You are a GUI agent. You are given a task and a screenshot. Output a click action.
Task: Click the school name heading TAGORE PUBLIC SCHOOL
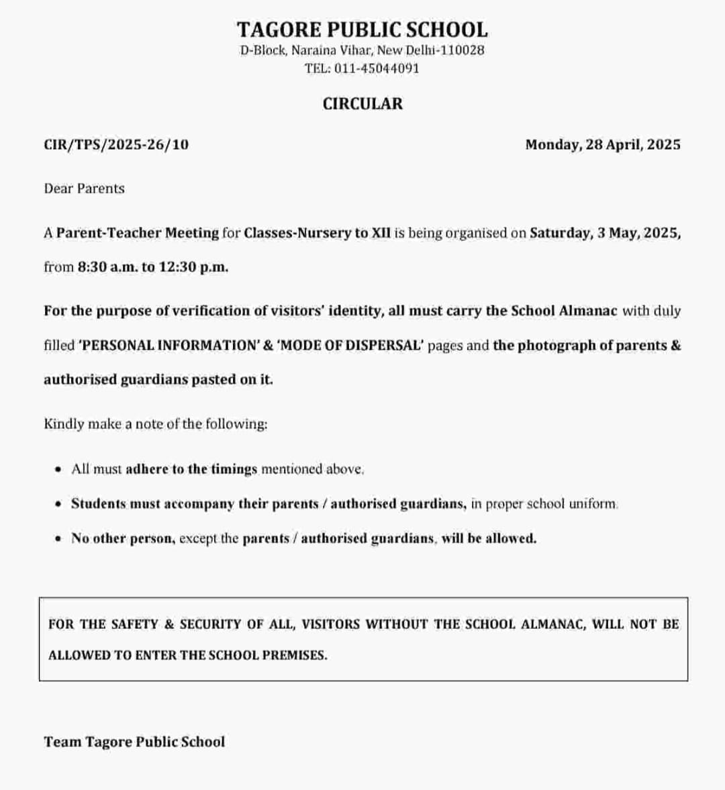pyautogui.click(x=362, y=30)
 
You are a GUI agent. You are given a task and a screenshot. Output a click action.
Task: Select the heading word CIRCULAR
pyautogui.click(x=362, y=104)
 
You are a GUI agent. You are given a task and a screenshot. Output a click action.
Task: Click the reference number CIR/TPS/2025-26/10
pyautogui.click(x=116, y=144)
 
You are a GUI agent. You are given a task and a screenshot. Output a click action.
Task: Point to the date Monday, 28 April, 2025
pyautogui.click(x=602, y=144)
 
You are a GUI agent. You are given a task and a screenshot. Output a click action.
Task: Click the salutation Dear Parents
pyautogui.click(x=85, y=189)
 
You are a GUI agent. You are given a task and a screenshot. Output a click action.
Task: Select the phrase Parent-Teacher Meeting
pyautogui.click(x=138, y=233)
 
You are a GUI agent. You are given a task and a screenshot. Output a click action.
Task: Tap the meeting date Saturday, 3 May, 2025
pyautogui.click(x=605, y=233)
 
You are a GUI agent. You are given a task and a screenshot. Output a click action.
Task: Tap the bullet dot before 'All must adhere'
pyautogui.click(x=58, y=469)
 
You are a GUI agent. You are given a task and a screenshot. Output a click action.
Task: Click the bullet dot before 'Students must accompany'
pyautogui.click(x=58, y=503)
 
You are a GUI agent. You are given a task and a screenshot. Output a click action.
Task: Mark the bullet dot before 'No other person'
pyautogui.click(x=58, y=538)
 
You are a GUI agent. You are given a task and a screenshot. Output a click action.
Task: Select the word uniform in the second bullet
pyautogui.click(x=593, y=503)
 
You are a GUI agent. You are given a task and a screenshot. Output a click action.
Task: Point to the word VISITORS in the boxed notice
pyautogui.click(x=330, y=624)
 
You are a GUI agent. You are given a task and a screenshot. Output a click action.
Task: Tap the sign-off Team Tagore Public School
pyautogui.click(x=134, y=742)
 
